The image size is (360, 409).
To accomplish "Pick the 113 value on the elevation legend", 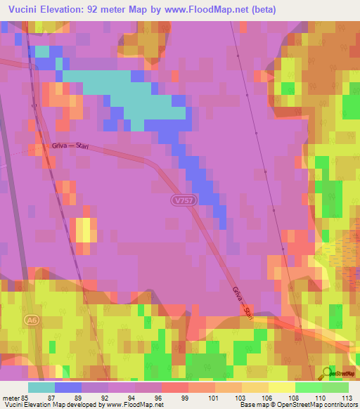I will (345, 398).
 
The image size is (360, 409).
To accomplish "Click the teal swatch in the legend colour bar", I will (41, 387).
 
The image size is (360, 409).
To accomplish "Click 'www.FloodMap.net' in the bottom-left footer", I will (135, 405).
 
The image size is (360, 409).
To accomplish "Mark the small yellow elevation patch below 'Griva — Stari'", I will (83, 230).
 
